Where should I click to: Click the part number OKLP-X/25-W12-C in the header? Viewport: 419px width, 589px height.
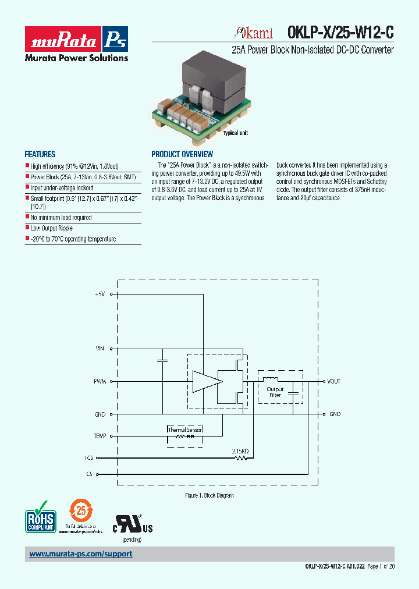click(x=340, y=33)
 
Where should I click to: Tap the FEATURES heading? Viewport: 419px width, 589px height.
click(x=40, y=154)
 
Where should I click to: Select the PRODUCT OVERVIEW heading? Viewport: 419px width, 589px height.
click(x=182, y=154)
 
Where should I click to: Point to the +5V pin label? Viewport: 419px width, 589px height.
click(x=100, y=294)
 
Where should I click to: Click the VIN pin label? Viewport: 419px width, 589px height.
click(x=100, y=348)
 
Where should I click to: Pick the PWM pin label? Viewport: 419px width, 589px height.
click(x=100, y=381)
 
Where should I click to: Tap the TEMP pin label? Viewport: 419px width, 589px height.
click(x=100, y=436)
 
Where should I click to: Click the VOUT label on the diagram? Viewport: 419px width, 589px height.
click(x=334, y=381)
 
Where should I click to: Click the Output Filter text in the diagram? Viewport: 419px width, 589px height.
click(x=275, y=392)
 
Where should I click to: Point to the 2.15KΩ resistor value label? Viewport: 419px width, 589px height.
click(x=240, y=450)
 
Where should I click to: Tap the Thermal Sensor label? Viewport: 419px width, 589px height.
click(x=184, y=430)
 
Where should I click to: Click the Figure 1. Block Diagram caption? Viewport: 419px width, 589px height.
click(x=209, y=495)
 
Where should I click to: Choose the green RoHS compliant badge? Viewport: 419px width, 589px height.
click(x=40, y=516)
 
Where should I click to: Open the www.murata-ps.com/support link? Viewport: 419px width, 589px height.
click(x=81, y=554)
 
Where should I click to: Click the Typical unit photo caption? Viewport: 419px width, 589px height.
click(x=236, y=133)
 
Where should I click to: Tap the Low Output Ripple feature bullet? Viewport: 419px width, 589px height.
click(x=52, y=228)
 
